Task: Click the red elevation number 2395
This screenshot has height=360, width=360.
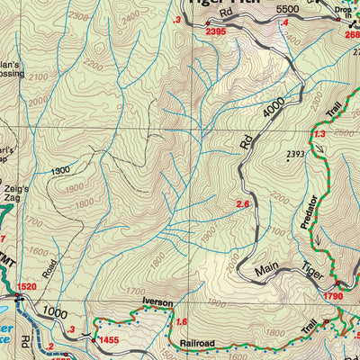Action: [216, 31]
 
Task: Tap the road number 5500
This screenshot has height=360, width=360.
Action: [287, 8]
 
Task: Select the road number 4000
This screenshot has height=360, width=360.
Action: [280, 105]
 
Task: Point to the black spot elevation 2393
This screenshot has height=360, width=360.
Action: [294, 155]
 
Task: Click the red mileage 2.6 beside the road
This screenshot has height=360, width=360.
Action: [242, 204]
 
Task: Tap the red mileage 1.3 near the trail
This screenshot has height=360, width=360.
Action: [318, 134]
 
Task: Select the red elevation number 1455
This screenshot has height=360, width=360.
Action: [109, 339]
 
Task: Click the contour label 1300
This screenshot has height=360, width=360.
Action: [60, 170]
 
